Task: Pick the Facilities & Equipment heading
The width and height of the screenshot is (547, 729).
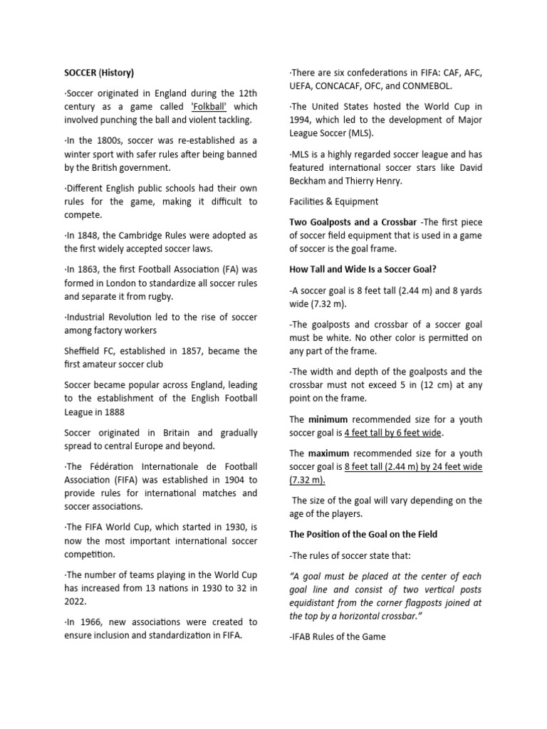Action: (334, 201)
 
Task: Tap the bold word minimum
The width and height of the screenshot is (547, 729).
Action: (328, 419)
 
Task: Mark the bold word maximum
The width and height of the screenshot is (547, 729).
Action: (329, 453)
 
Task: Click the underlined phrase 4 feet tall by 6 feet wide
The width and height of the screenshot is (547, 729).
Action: (393, 433)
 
